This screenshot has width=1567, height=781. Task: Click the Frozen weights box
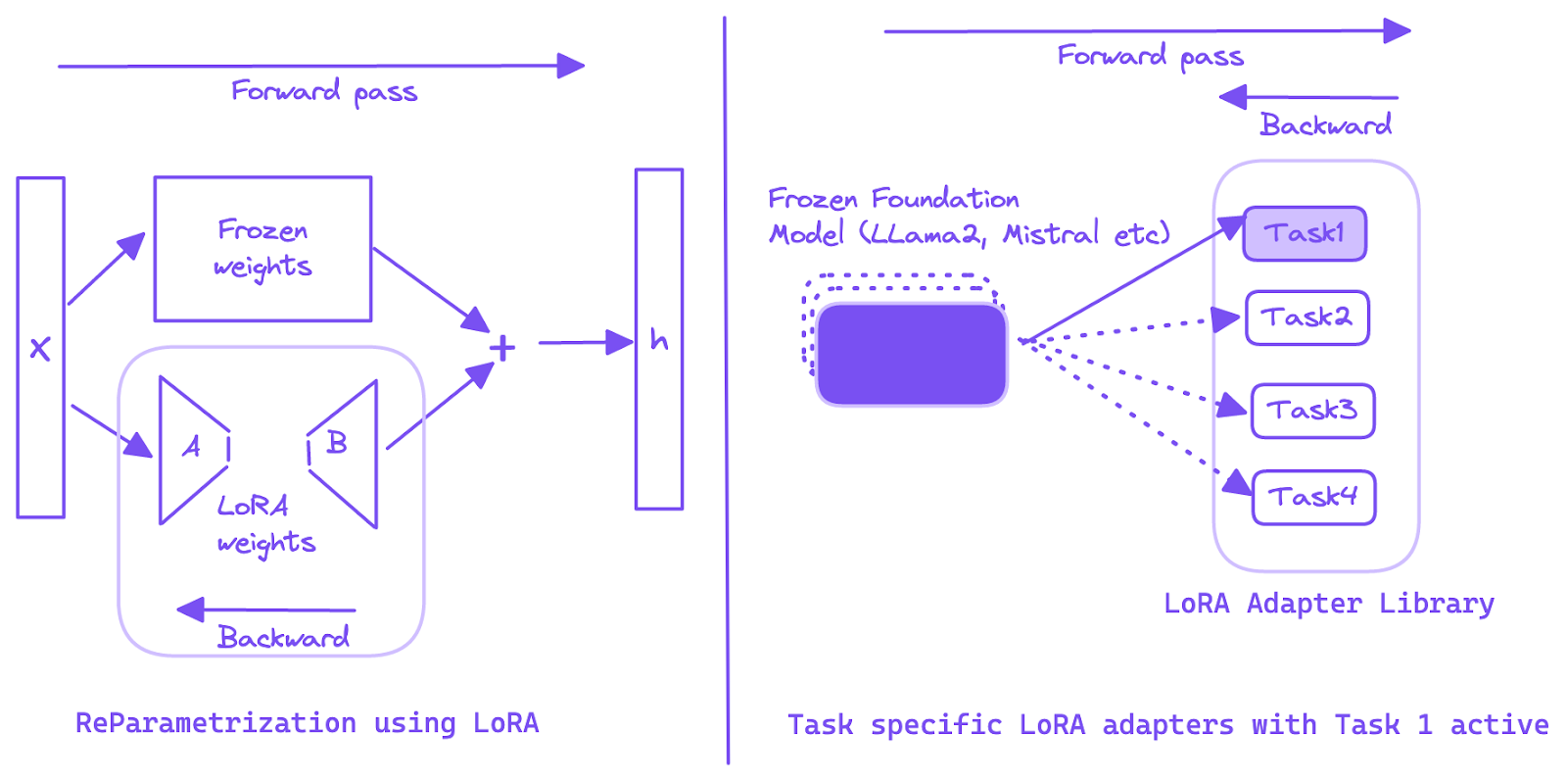262,249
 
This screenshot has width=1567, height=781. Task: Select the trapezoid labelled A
192,449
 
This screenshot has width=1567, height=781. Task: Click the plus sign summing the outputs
502,348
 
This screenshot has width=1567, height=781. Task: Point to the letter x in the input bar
40,348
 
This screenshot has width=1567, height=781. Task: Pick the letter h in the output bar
659,340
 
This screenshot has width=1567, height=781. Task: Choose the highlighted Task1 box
1305,233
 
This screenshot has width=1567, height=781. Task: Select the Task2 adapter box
1306,317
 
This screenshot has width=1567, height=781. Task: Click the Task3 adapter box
1312,410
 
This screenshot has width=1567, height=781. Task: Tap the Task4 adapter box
1313,498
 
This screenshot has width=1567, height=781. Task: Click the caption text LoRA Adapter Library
1329,604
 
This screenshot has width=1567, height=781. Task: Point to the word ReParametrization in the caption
215,723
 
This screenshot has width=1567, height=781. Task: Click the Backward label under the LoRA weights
283,638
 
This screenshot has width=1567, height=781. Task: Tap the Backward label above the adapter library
1325,125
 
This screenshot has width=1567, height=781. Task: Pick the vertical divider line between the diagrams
727,392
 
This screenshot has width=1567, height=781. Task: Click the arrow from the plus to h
584,343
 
